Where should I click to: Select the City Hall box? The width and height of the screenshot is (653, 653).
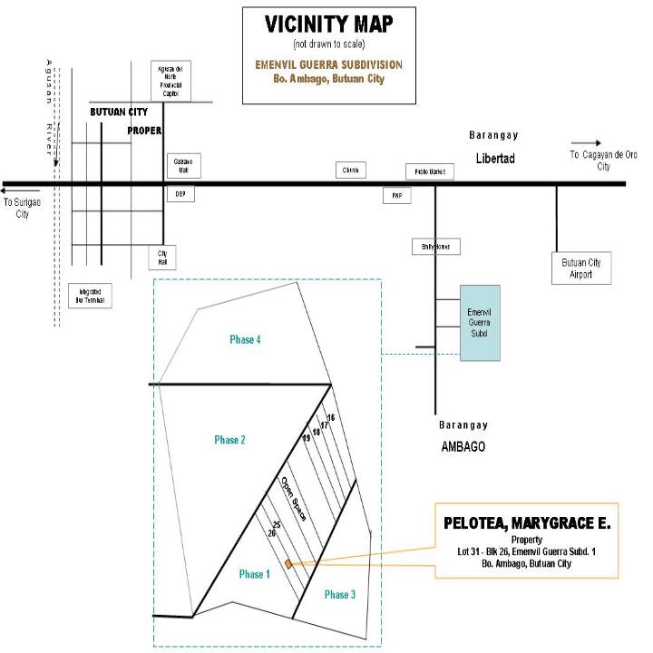(163, 258)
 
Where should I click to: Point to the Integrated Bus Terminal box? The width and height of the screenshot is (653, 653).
(91, 295)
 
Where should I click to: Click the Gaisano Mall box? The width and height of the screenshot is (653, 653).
(180, 166)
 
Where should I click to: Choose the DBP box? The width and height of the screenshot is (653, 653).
(180, 194)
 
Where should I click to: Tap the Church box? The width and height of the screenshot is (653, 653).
(351, 170)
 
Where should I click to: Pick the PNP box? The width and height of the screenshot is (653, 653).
(396, 194)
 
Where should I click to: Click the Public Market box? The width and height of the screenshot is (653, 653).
(429, 172)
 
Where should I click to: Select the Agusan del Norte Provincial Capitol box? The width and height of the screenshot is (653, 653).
(171, 81)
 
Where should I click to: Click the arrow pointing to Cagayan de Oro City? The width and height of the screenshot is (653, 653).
(585, 143)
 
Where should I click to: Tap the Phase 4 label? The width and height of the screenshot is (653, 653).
(245, 339)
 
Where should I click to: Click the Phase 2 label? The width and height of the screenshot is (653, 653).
(231, 440)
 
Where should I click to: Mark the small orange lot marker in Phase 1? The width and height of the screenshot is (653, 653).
(288, 564)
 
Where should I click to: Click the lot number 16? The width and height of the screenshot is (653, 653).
(331, 417)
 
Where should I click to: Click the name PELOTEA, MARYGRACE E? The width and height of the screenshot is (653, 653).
(527, 524)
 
